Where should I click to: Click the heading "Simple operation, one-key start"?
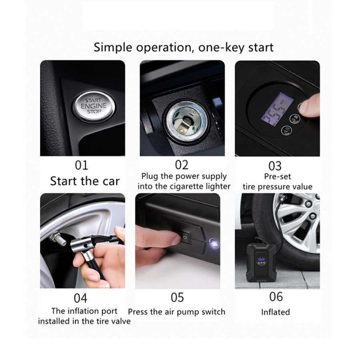pyautogui.click(x=184, y=47)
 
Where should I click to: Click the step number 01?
pyautogui.click(x=82, y=165)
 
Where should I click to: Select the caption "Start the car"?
pyautogui.click(x=85, y=181)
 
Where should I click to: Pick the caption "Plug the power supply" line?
pyautogui.click(x=184, y=176)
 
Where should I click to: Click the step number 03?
pyautogui.click(x=275, y=165)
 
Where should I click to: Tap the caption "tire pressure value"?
pyautogui.click(x=277, y=187)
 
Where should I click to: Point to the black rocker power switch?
pyautogui.click(x=185, y=237)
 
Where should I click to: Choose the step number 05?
pyautogui.click(x=177, y=298)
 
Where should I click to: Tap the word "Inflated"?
pyautogui.click(x=275, y=312)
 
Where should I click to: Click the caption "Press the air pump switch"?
pyautogui.click(x=176, y=312)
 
